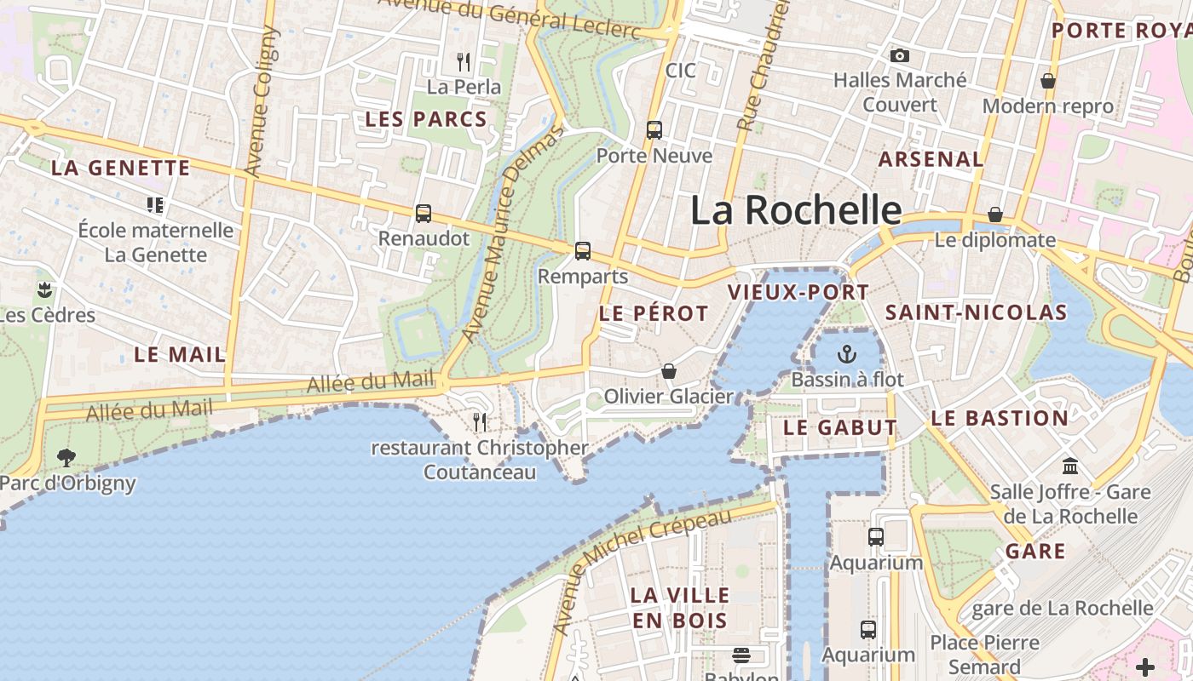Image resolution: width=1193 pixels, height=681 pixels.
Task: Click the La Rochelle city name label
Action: (x=796, y=210)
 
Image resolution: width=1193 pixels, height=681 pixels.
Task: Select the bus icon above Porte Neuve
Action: (x=654, y=130)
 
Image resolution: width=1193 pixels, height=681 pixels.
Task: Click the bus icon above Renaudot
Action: (x=424, y=214)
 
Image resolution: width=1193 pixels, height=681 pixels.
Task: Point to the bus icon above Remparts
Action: (x=583, y=251)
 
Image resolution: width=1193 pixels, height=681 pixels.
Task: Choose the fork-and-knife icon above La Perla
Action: (x=464, y=61)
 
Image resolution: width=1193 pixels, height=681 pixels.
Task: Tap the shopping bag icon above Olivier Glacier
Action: (x=669, y=372)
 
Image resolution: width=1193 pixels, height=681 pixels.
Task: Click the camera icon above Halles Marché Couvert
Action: (x=899, y=56)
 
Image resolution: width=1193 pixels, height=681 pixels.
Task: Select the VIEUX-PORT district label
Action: (x=798, y=293)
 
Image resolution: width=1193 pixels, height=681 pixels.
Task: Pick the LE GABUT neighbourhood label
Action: (x=839, y=427)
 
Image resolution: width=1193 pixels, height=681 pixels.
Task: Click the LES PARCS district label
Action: (x=426, y=120)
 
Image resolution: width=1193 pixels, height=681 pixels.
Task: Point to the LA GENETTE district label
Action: (x=120, y=168)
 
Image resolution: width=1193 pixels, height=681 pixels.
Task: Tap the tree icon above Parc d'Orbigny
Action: (x=66, y=458)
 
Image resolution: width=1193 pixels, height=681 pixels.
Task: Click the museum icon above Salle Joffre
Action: (x=1070, y=466)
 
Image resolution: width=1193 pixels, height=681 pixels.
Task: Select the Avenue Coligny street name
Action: (x=262, y=102)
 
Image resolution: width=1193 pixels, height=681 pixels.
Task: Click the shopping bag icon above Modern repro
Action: (x=1048, y=81)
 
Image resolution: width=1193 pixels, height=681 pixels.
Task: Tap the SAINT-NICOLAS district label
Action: (x=976, y=312)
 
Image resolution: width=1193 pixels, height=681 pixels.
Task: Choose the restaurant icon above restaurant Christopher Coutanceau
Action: (x=480, y=421)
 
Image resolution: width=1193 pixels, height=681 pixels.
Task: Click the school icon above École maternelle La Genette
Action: (x=154, y=204)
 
